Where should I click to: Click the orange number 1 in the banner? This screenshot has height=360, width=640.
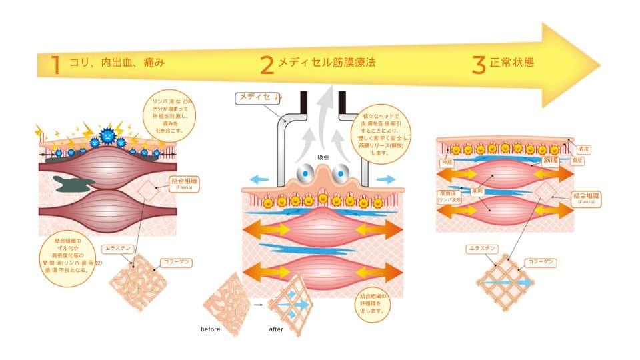point(55,65)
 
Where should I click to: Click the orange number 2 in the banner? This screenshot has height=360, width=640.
point(267,65)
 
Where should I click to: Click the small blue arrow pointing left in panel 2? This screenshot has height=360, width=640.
point(257,179)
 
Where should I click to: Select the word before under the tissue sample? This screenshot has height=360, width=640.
point(211,329)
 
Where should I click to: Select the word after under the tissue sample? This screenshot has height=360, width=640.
point(277,329)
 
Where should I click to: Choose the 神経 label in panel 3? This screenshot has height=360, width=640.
point(446,162)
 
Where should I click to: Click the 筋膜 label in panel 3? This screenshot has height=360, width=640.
point(551,160)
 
